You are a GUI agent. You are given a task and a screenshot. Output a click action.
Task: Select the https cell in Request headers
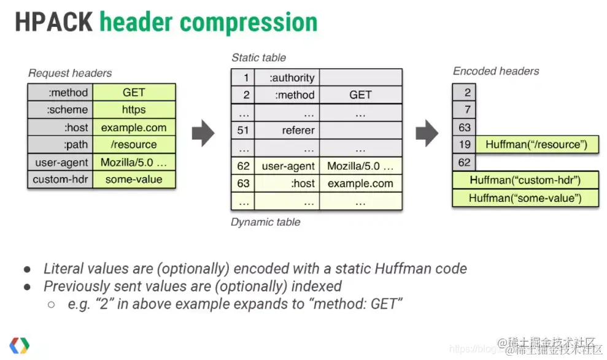[x=134, y=110]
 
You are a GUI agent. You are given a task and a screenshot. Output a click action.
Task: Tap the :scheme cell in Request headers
[x=60, y=110]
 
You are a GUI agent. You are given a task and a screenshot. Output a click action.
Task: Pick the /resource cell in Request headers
[x=134, y=145]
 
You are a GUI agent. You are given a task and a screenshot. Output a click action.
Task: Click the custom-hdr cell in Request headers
[x=60, y=180]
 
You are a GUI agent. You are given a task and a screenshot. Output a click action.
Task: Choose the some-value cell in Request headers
[x=134, y=180]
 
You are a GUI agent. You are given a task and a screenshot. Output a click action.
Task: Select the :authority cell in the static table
[x=287, y=78]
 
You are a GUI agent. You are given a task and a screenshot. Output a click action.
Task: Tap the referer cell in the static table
[x=287, y=130]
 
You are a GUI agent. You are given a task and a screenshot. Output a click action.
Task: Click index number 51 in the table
[x=243, y=130]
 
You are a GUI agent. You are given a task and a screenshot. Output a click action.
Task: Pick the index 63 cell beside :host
[x=243, y=183]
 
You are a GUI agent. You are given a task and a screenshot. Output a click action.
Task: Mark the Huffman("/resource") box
[x=536, y=145]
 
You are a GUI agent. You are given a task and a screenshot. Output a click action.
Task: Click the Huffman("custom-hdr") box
[x=525, y=180]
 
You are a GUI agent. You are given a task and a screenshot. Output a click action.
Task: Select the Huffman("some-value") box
[x=525, y=198]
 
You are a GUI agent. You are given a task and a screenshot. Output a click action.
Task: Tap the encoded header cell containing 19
[x=464, y=145]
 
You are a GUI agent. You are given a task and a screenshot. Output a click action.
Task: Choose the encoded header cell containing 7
[x=464, y=110]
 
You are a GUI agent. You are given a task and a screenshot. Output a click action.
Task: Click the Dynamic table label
[x=265, y=222]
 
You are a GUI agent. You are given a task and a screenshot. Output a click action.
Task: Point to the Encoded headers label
[x=496, y=71]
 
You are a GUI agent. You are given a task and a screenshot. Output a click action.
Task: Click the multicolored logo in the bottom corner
[x=19, y=345]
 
